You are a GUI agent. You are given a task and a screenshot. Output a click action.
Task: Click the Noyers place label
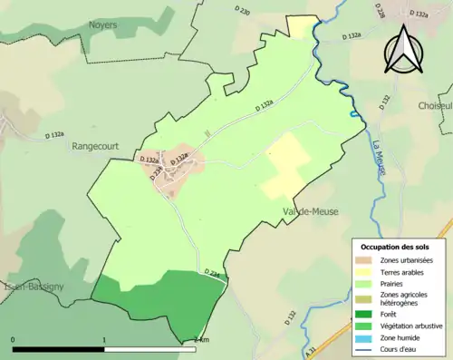coord(102,25)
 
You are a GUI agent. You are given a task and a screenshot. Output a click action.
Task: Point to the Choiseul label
coord(435,106)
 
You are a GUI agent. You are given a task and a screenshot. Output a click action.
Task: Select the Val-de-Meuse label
coord(310,211)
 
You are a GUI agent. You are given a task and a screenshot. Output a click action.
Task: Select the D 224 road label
coord(213,272)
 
